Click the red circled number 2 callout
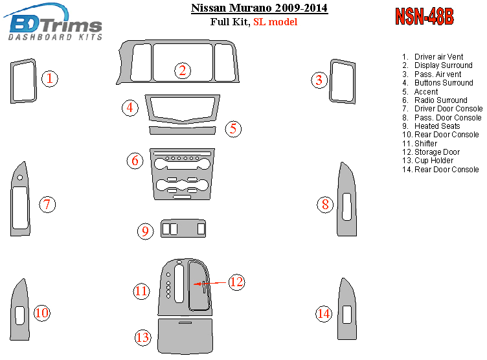183,71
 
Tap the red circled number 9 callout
145,231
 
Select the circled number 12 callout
236,282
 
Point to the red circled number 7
47,205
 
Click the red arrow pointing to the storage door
209,284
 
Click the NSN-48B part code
424,16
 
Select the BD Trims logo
53,23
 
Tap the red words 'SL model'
275,22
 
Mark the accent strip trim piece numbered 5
183,130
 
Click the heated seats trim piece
183,229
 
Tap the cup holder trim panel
185,336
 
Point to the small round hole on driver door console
20,177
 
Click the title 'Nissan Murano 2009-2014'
259,8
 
